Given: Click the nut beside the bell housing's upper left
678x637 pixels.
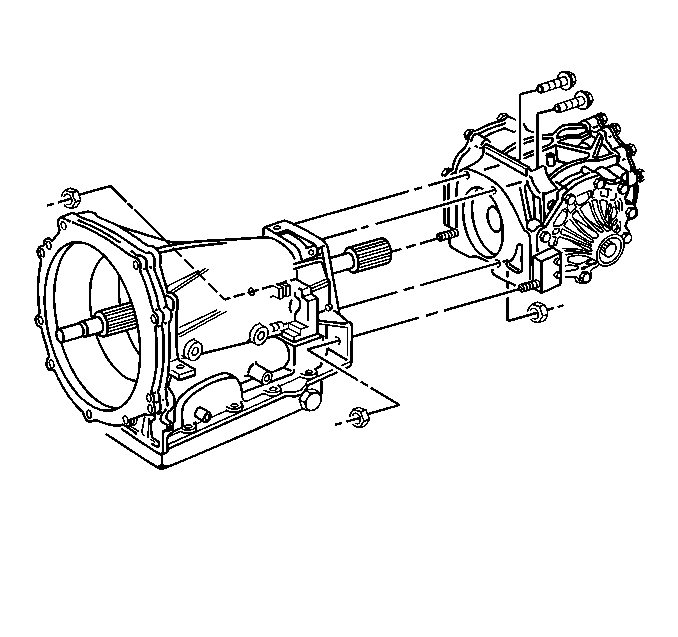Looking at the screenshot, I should (69, 194).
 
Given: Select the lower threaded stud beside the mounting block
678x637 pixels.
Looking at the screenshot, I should (525, 288).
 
